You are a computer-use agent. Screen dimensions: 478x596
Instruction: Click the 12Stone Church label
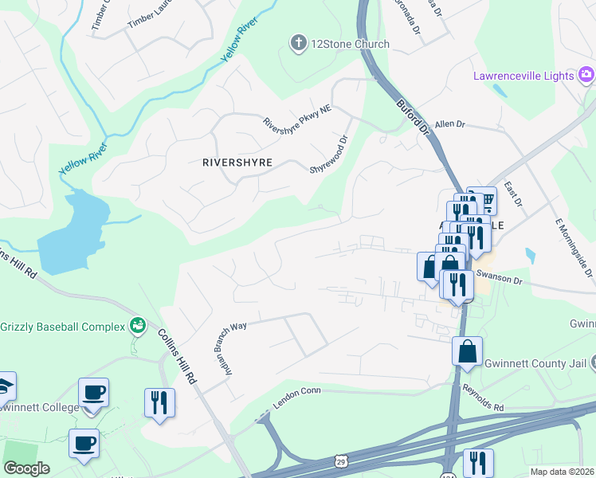(x=351, y=44)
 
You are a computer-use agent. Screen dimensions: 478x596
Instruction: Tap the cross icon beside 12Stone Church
(x=299, y=43)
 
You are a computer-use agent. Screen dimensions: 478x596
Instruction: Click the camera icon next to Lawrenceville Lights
(x=586, y=75)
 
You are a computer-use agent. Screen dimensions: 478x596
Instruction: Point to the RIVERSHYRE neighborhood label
(x=237, y=163)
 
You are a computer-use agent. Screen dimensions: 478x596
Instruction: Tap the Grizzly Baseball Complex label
(x=63, y=327)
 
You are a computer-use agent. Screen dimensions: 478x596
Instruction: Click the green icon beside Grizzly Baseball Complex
(x=139, y=325)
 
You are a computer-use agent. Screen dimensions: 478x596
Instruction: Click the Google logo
(x=26, y=468)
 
